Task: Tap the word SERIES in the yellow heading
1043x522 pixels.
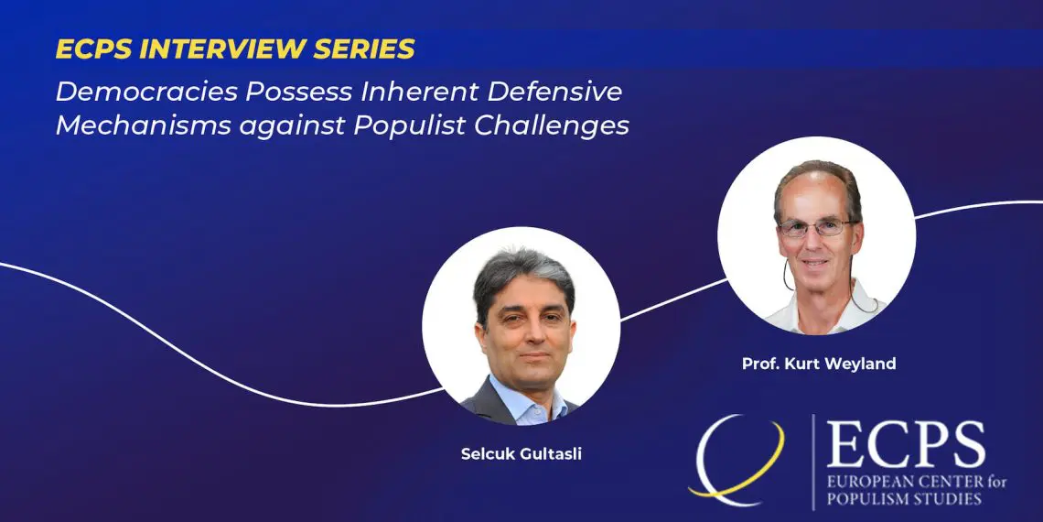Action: pyautogui.click(x=360, y=49)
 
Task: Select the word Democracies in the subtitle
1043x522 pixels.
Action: pyautogui.click(x=146, y=92)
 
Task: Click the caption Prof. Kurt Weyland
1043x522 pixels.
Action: pyautogui.click(x=819, y=364)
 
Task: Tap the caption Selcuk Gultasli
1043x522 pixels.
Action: pyautogui.click(x=521, y=454)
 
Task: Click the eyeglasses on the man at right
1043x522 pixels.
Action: pyautogui.click(x=816, y=227)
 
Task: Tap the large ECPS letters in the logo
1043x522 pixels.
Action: pyautogui.click(x=906, y=445)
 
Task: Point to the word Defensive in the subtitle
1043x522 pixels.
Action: pyautogui.click(x=554, y=92)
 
